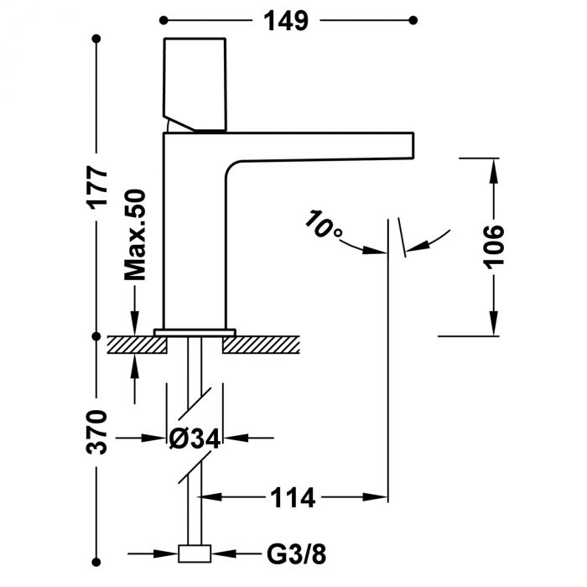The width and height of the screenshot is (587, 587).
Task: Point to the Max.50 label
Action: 135,234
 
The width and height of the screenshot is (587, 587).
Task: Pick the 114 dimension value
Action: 292,497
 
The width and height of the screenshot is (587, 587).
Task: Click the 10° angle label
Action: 323,226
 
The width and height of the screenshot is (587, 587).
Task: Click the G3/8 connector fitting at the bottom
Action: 195,554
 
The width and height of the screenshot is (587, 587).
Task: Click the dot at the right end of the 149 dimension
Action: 412,20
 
